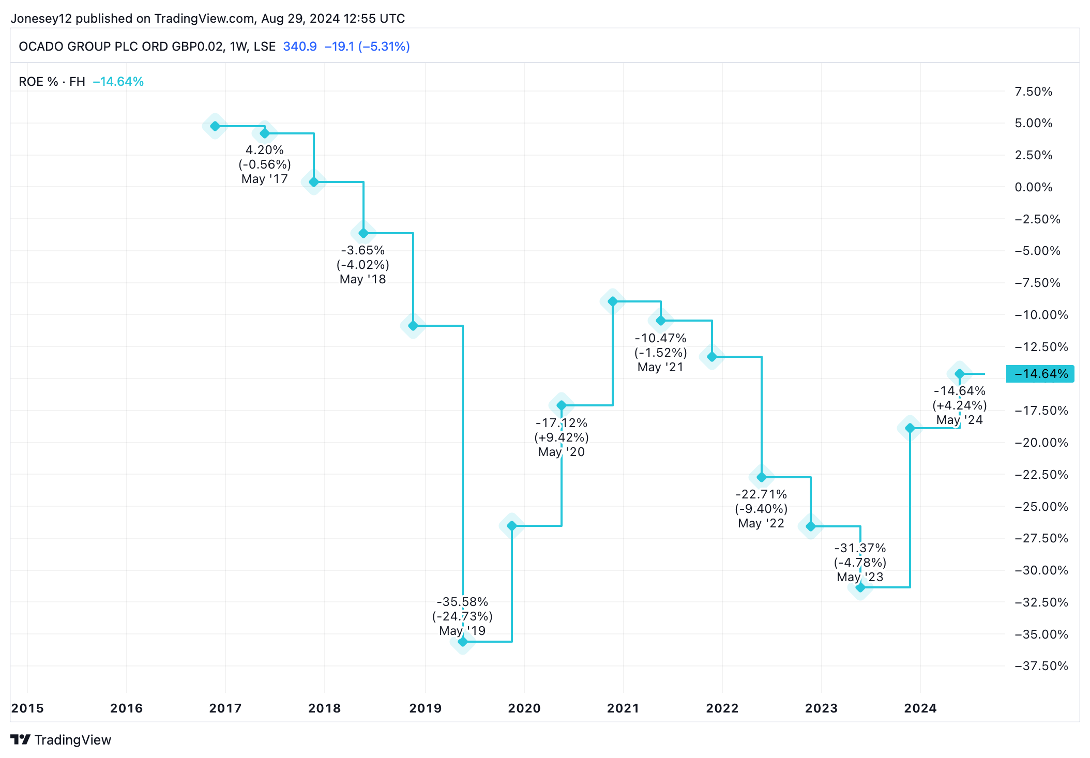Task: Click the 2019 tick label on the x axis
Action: point(425,708)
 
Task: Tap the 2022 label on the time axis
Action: point(722,708)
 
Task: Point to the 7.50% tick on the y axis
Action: point(1033,92)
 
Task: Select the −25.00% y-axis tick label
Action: point(1041,506)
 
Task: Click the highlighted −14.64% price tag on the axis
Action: point(1040,374)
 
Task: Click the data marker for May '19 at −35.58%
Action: point(463,642)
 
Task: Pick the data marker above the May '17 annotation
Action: point(265,133)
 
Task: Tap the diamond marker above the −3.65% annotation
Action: point(364,233)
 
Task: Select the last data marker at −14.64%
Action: point(960,374)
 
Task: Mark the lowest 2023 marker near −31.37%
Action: point(860,587)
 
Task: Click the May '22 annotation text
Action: point(761,523)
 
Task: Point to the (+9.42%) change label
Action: point(562,437)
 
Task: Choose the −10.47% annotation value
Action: point(660,338)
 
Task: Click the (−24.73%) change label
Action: point(462,616)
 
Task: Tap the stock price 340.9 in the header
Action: point(300,47)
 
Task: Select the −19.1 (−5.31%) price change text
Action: point(367,47)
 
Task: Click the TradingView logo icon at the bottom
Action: point(21,739)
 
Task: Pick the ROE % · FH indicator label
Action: point(52,82)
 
